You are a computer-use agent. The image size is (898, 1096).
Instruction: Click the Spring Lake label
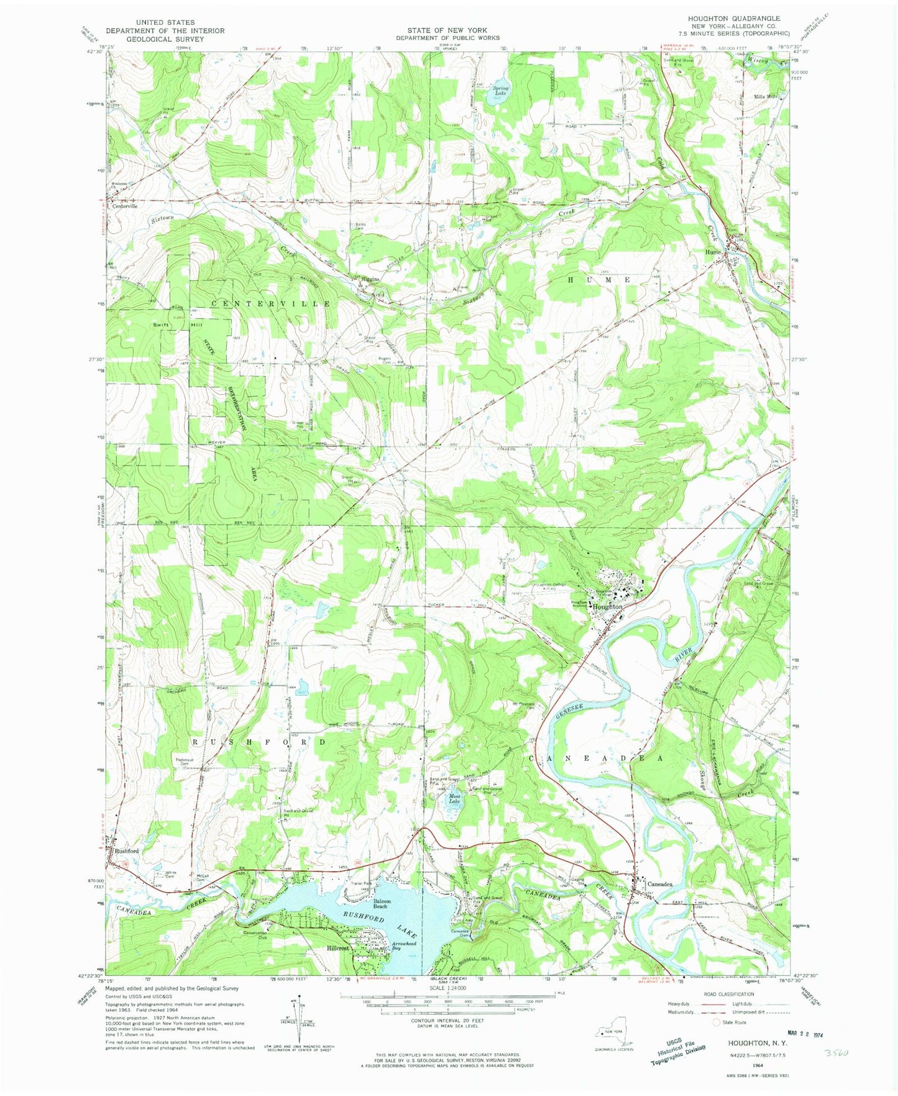[x=501, y=91]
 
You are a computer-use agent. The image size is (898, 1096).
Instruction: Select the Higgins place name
[x=370, y=279]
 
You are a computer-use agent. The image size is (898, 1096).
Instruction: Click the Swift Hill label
[x=168, y=325]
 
